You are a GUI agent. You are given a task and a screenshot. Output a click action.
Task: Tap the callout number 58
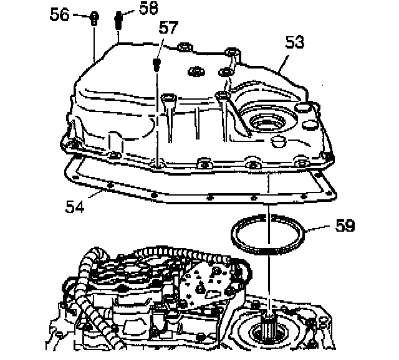pyautogui.click(x=148, y=8)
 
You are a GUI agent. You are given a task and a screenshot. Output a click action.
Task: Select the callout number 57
pyautogui.click(x=168, y=27)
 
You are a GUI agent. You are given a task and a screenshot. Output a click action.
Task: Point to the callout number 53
pyautogui.click(x=295, y=42)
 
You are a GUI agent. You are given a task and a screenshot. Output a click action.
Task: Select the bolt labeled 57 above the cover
pyautogui.click(x=156, y=64)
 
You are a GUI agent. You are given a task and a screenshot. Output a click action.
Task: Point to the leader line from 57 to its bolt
pyautogui.click(x=161, y=47)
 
